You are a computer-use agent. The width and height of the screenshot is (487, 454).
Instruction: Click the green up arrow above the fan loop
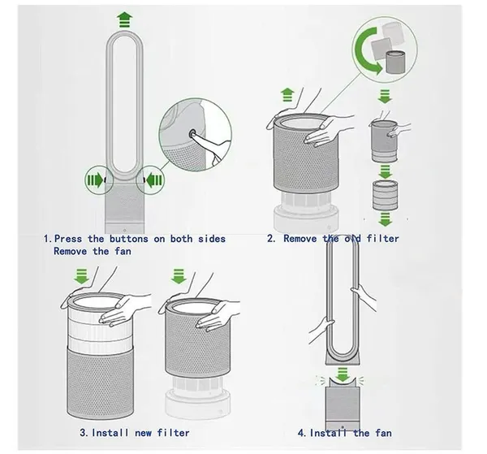click(x=124, y=19)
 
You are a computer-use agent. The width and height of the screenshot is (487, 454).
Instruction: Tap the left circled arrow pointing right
click(x=95, y=180)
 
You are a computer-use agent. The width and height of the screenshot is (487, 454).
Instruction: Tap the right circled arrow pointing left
click(x=153, y=180)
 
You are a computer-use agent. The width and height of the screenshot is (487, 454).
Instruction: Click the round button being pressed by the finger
click(x=192, y=134)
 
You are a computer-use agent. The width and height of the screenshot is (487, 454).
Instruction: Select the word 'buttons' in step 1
click(x=128, y=239)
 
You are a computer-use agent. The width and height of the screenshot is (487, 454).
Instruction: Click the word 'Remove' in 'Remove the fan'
click(x=70, y=251)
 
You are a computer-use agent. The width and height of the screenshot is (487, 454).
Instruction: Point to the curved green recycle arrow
click(x=368, y=50)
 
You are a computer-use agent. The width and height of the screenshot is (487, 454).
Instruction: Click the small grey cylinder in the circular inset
click(x=395, y=62)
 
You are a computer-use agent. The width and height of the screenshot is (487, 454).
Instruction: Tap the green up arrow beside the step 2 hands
click(x=287, y=95)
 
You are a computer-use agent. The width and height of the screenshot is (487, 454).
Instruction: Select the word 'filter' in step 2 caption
click(x=382, y=239)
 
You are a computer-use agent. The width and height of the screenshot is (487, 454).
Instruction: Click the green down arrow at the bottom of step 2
click(x=385, y=220)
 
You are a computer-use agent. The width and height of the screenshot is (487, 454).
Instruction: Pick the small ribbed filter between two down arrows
click(x=385, y=195)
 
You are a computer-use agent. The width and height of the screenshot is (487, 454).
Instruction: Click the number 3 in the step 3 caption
click(x=83, y=433)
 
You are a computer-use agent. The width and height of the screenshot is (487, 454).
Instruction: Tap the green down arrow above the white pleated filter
click(x=82, y=277)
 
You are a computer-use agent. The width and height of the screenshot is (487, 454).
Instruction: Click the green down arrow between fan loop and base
click(x=343, y=374)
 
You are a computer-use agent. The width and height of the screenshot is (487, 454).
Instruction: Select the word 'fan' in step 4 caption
click(x=383, y=433)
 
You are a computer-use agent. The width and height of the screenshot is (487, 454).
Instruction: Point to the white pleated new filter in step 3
click(x=100, y=323)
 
